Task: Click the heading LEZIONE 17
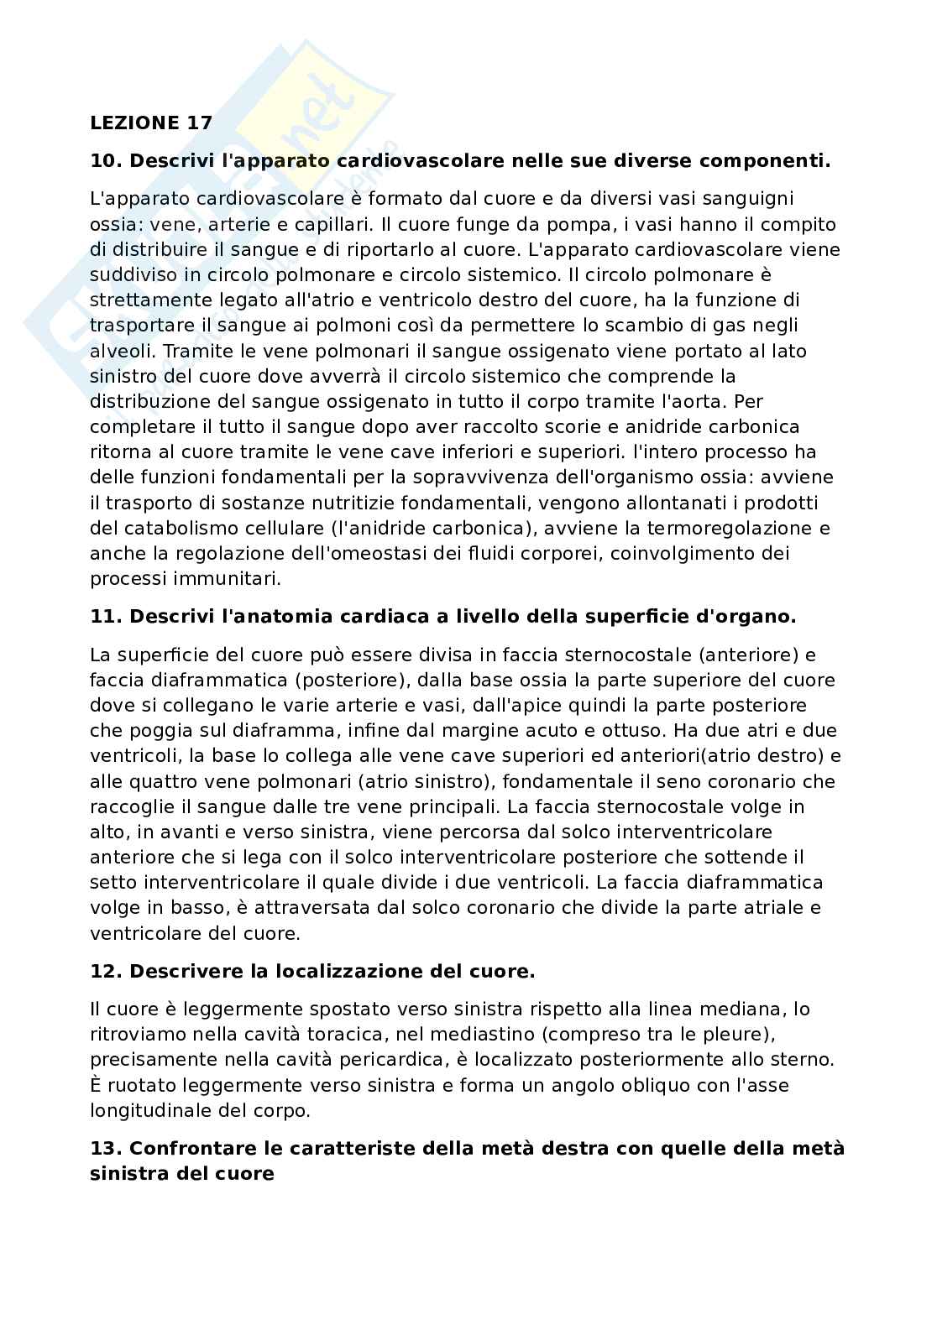click(151, 123)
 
